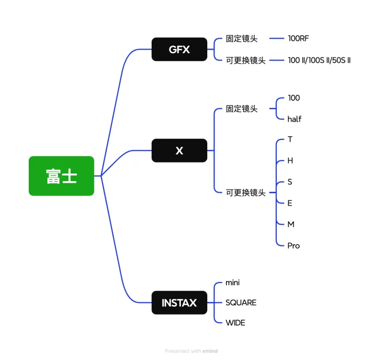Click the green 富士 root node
click(61, 176)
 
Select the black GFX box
click(179, 49)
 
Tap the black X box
click(179, 151)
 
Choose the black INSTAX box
click(179, 302)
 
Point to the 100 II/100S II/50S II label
click(319, 60)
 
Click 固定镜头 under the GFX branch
click(241, 38)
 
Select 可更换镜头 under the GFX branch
click(245, 60)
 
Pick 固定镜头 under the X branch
click(241, 109)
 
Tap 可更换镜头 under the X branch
click(245, 193)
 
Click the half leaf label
click(294, 119)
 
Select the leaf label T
click(290, 139)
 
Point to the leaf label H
click(290, 161)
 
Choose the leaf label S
click(290, 182)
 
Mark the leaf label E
click(290, 203)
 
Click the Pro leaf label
click(293, 245)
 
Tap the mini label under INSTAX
click(233, 282)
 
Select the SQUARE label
click(241, 302)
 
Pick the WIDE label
click(235, 323)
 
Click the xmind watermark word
click(210, 351)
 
